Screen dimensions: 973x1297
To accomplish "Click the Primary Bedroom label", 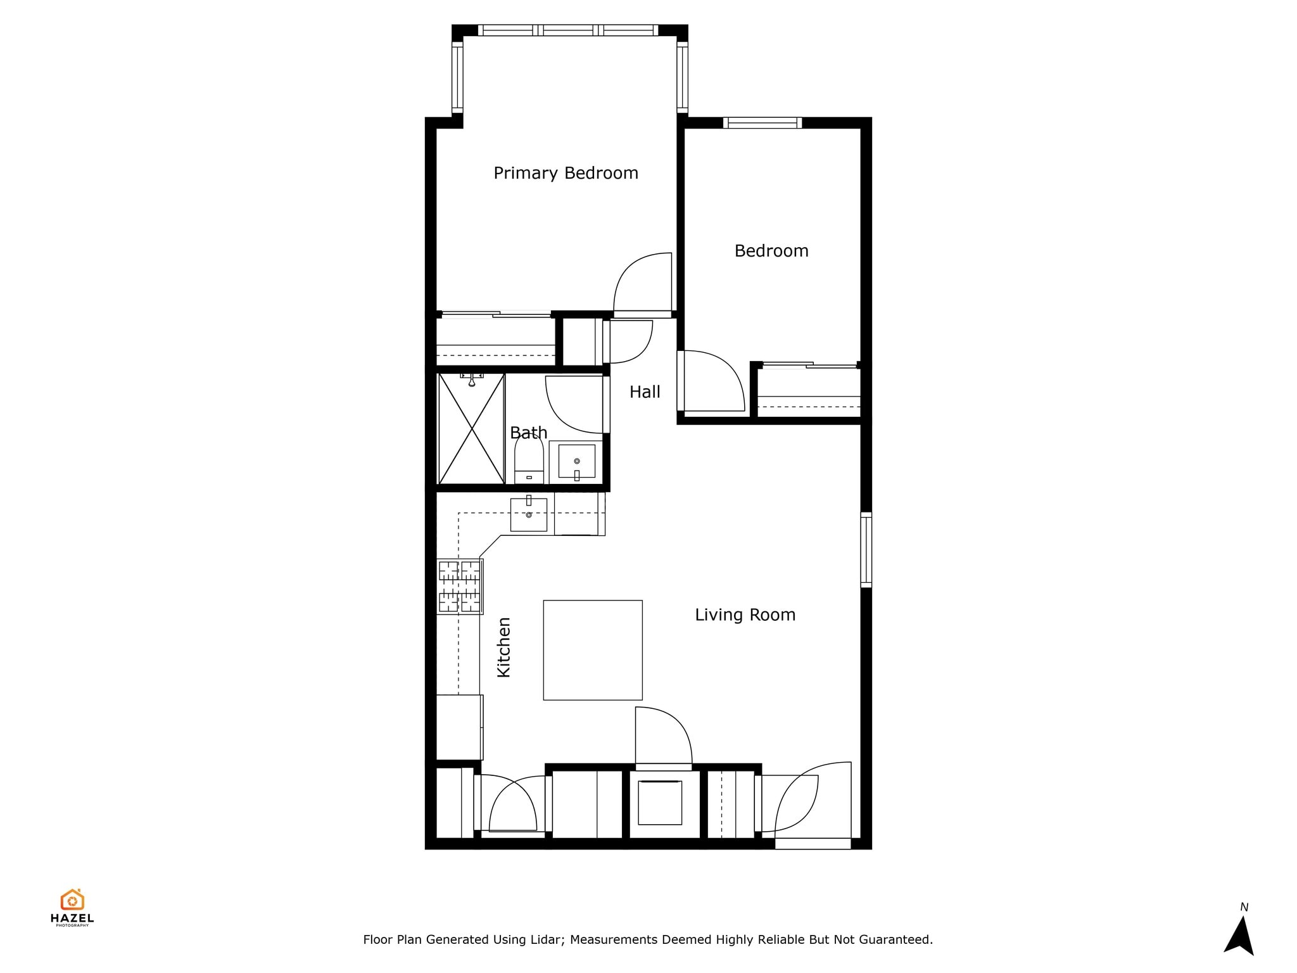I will pos(566,173).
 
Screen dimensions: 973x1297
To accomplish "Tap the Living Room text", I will pos(745,614).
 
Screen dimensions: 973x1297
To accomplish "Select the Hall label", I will pos(645,392).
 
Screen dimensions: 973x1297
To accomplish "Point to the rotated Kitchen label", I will pos(503,647).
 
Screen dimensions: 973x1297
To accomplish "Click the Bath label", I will pos(528,433).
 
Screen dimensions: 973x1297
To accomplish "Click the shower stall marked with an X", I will pos(471,429).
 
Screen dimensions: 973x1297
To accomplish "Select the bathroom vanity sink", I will pos(576,461).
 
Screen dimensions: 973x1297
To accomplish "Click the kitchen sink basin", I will pos(529,515).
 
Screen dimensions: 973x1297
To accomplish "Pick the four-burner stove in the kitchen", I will pos(460,587).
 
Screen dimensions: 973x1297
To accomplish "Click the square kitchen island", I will pos(593,650).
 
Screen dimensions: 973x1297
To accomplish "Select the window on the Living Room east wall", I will pos(866,549).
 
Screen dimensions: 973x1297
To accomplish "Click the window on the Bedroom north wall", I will pos(762,123).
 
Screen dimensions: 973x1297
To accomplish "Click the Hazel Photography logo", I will pos(72,906).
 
